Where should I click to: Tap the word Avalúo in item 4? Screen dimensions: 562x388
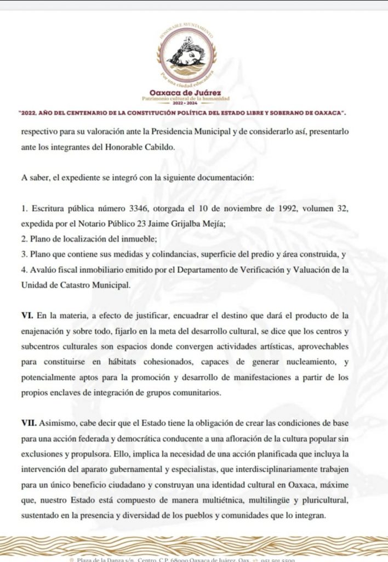45,269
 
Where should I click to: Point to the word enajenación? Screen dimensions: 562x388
47,331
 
